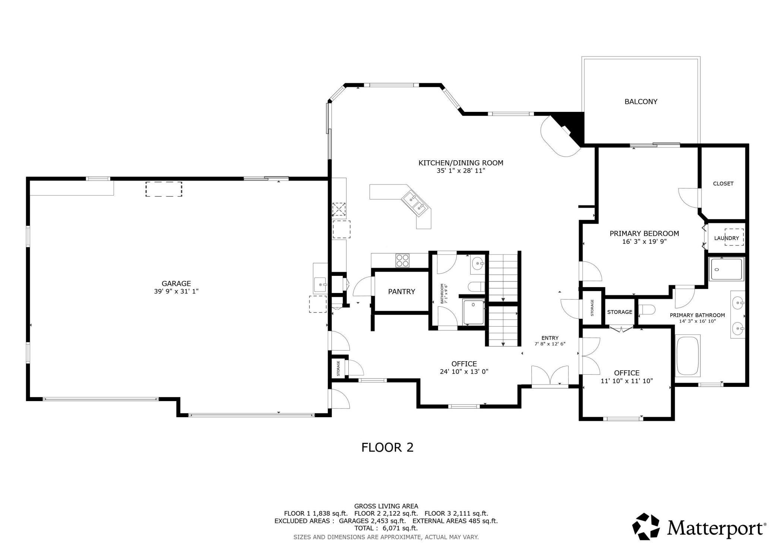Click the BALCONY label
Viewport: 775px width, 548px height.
pyautogui.click(x=641, y=101)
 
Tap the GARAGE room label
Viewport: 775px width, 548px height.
pyautogui.click(x=176, y=283)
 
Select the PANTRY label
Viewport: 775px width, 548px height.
pyautogui.click(x=401, y=292)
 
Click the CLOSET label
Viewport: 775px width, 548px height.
pyautogui.click(x=723, y=183)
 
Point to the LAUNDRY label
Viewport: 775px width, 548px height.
pyautogui.click(x=726, y=238)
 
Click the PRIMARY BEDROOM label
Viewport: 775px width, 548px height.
pyautogui.click(x=644, y=233)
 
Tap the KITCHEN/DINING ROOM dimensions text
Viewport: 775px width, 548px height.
pyautogui.click(x=461, y=171)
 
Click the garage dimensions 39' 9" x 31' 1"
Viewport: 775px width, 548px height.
pyautogui.click(x=176, y=291)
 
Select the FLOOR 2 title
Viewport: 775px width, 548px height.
pyautogui.click(x=387, y=447)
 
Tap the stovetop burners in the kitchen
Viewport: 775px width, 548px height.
pyautogui.click(x=402, y=260)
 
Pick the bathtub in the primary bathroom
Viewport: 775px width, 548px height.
pyautogui.click(x=688, y=355)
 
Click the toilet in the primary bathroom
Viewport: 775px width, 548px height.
pyautogui.click(x=646, y=310)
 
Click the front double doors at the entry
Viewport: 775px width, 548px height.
pyautogui.click(x=550, y=377)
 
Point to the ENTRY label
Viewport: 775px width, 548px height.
pyautogui.click(x=550, y=338)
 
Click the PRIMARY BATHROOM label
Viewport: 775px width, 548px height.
pyautogui.click(x=697, y=315)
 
